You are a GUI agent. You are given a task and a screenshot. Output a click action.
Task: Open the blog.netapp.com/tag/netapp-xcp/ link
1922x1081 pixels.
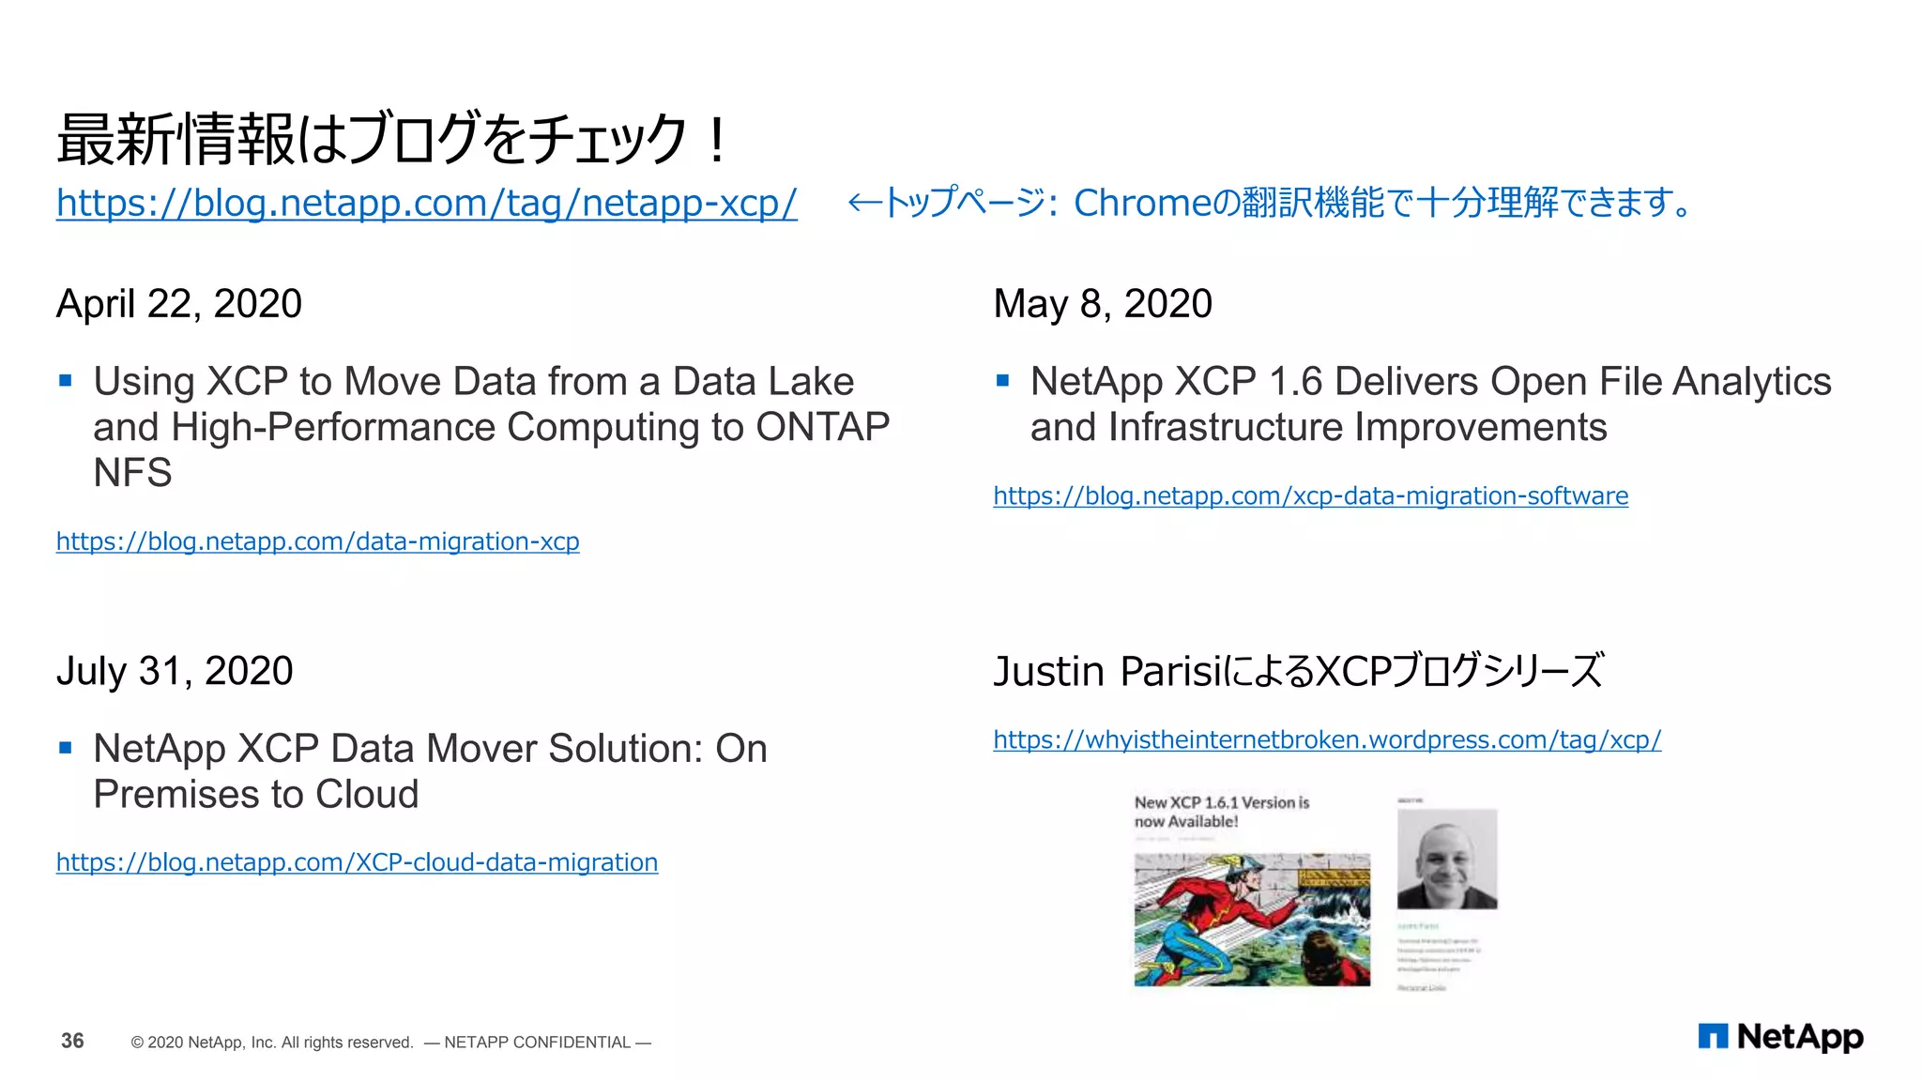[x=426, y=203]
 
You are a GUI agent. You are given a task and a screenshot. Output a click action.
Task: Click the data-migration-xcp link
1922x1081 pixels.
[x=317, y=541]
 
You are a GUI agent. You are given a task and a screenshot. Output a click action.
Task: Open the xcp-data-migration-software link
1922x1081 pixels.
[x=1310, y=495]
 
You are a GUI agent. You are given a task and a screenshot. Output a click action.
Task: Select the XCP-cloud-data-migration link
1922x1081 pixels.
[x=357, y=862]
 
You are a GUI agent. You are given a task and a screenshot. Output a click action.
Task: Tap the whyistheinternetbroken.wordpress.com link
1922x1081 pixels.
[x=1327, y=740]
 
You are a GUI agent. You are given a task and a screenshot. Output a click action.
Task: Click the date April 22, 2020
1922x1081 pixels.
[x=179, y=304]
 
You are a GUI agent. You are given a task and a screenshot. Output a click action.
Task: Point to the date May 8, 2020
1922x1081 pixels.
[x=1103, y=304]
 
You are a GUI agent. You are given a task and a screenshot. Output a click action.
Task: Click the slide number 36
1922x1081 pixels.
[x=72, y=1041]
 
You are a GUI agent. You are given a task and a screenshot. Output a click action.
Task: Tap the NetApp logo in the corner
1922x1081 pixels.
[x=1780, y=1037]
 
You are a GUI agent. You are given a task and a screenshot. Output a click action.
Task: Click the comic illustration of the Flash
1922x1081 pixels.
[x=1252, y=920]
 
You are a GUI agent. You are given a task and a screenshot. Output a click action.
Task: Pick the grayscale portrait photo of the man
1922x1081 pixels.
[x=1447, y=860]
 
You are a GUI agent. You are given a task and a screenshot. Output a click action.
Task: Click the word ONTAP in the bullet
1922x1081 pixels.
[x=823, y=428]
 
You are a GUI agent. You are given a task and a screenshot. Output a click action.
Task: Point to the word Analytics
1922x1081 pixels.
[x=1751, y=382]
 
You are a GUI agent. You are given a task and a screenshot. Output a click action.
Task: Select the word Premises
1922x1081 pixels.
[x=173, y=795]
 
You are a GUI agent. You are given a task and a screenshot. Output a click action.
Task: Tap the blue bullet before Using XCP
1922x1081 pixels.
[x=66, y=381]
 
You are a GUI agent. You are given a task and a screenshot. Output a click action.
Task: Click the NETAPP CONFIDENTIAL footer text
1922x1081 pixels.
[x=537, y=1043]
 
